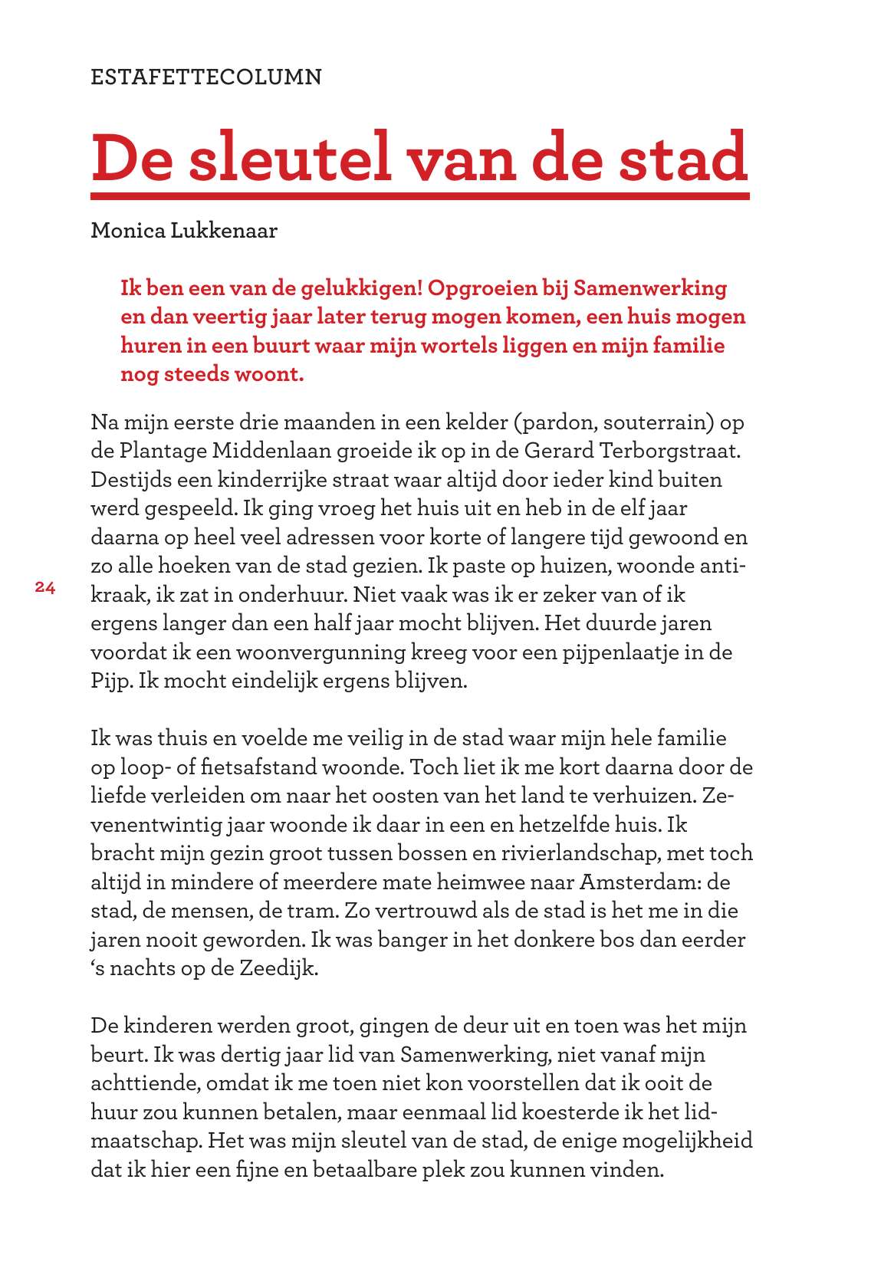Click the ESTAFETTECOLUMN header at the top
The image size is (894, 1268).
[206, 77]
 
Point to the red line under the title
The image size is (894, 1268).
[419, 196]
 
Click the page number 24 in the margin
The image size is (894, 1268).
[45, 588]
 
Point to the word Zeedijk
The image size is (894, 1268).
[278, 968]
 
